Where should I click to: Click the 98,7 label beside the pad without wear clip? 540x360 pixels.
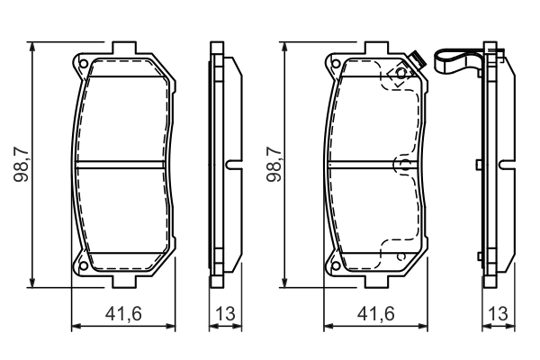click(x=22, y=163)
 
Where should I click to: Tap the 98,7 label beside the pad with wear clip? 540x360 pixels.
click(x=274, y=163)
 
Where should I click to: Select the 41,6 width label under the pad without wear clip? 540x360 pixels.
click(x=123, y=314)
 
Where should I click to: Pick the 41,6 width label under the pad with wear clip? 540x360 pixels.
click(x=375, y=314)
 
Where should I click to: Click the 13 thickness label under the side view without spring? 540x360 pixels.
click(x=226, y=314)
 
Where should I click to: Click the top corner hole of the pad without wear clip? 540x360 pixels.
click(x=83, y=64)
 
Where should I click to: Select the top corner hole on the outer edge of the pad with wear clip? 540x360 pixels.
click(x=335, y=64)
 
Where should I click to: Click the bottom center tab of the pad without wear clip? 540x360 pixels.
click(x=123, y=282)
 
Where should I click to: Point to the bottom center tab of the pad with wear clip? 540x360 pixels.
click(x=375, y=282)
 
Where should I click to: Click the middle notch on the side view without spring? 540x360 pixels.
click(x=230, y=164)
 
